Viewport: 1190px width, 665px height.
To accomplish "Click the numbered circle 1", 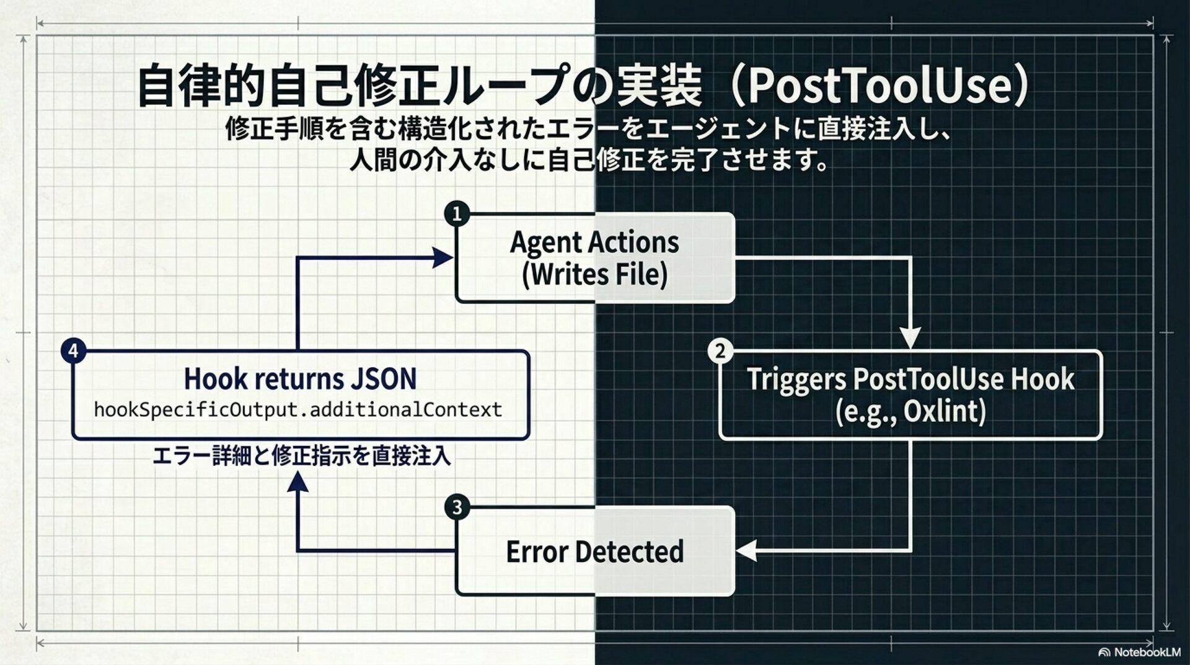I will [457, 214].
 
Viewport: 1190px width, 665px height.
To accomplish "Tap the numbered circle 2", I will [720, 351].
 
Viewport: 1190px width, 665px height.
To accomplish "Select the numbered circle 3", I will [457, 507].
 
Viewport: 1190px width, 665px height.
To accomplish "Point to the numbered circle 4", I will [73, 351].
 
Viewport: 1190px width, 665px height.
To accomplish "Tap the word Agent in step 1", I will [545, 242].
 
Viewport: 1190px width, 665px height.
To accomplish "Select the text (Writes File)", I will [594, 274].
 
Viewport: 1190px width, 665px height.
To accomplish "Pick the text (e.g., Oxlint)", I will [910, 411].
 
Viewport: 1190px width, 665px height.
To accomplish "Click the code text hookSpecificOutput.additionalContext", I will [298, 409].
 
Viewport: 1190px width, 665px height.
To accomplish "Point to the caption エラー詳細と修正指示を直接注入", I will [301, 456].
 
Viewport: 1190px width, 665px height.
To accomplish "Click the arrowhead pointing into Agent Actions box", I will [443, 257].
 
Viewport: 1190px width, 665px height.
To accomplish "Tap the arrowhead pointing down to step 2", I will [910, 338].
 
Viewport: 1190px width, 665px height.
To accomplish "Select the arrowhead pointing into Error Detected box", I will [747, 550].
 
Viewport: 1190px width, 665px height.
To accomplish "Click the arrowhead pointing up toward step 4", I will [298, 481].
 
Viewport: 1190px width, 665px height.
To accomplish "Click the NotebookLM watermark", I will [1139, 652].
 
